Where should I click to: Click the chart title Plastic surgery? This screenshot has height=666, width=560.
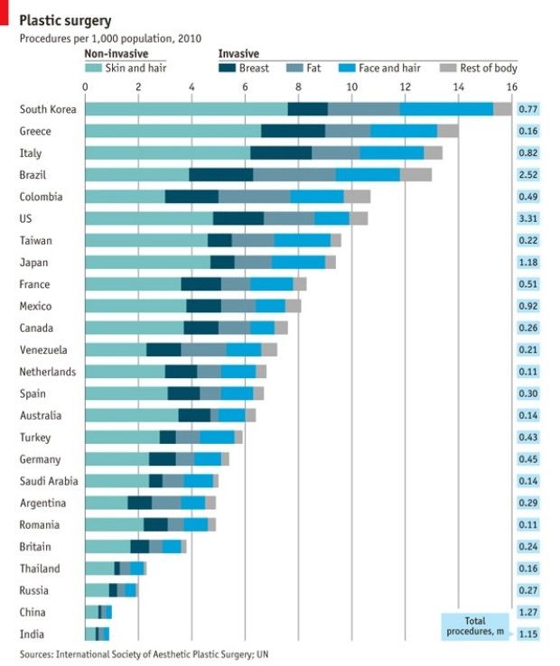[x=68, y=20]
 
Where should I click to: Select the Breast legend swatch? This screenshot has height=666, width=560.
[x=227, y=68]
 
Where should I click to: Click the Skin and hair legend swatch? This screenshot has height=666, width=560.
[x=93, y=68]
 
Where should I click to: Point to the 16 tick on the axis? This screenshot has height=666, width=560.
[x=511, y=87]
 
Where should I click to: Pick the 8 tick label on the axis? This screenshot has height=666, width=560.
[x=299, y=87]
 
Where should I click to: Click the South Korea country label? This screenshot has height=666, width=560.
[x=49, y=109]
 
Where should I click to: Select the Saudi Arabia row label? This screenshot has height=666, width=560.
[x=51, y=481]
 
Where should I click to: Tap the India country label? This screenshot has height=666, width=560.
[x=32, y=634]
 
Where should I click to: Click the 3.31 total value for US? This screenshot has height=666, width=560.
[x=528, y=218]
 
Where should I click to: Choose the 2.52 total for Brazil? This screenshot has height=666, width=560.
[x=528, y=175]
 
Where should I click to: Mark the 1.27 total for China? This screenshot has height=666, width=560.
[x=528, y=613]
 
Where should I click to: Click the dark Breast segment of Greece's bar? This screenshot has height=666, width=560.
[x=292, y=132]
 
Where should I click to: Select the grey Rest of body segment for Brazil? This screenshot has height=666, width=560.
[x=415, y=175]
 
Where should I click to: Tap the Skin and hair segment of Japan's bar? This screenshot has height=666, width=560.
[x=147, y=263]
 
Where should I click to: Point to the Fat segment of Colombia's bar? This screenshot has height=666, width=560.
[x=254, y=197]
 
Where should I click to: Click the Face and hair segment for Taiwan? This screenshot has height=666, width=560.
[x=302, y=240]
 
